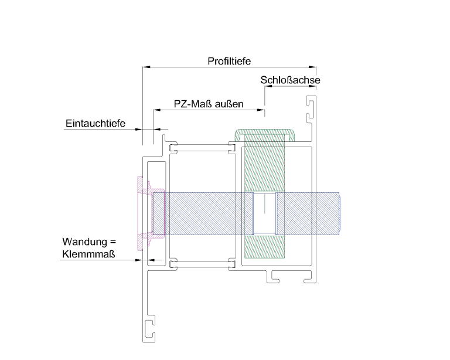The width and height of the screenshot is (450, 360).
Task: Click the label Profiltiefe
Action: tap(229, 61)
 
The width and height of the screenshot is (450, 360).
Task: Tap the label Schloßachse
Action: tap(290, 80)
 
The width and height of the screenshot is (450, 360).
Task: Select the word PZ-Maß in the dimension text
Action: tap(193, 104)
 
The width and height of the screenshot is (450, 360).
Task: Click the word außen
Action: tap(229, 104)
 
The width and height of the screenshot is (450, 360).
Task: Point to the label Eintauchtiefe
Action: tap(96, 123)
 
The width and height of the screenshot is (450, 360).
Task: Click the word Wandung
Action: tap(84, 242)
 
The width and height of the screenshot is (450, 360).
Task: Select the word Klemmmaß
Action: tap(88, 254)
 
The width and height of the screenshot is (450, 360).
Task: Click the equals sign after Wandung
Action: tap(112, 242)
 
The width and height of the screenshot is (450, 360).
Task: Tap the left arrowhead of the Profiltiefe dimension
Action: tap(146, 67)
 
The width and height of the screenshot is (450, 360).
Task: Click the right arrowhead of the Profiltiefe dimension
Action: tap(312, 67)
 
